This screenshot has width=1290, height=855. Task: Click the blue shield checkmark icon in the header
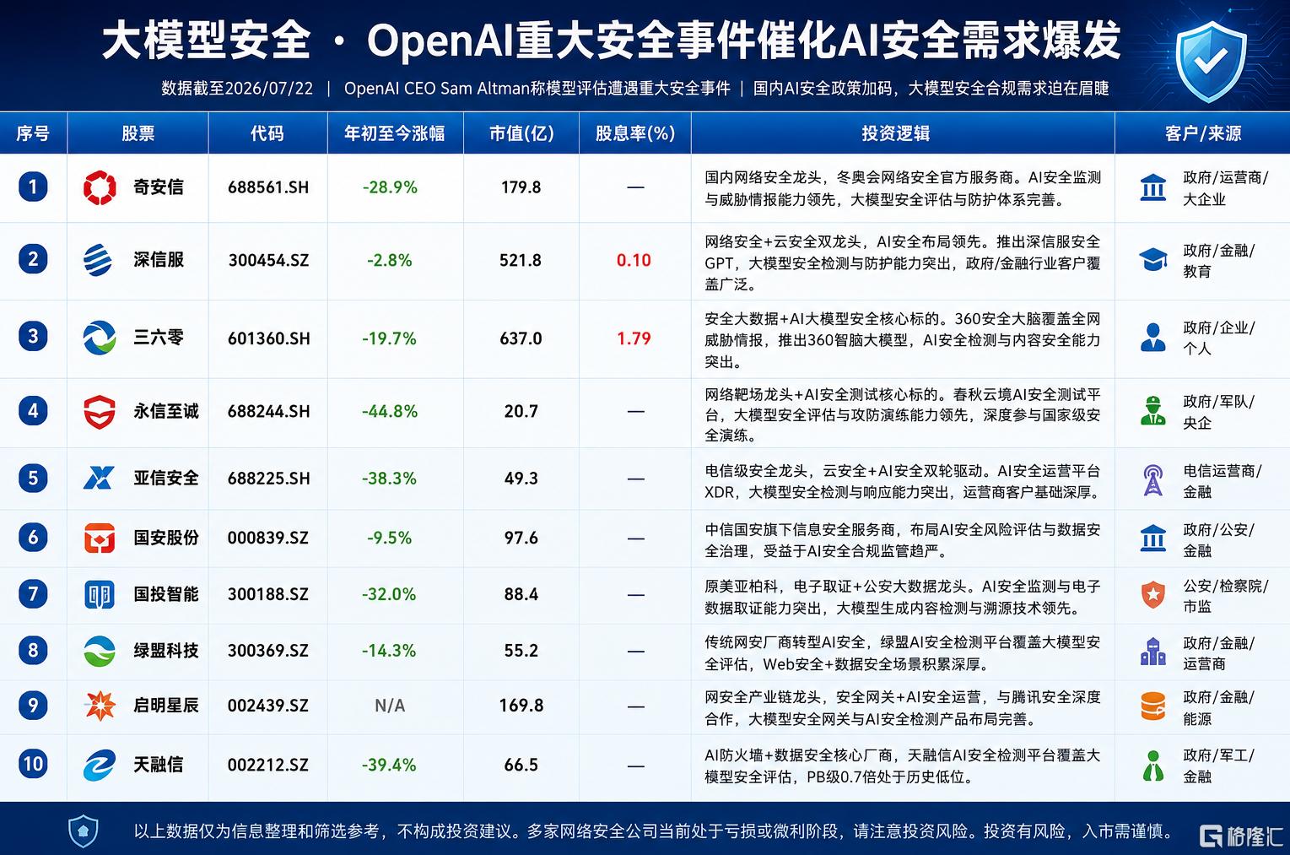coord(1211,61)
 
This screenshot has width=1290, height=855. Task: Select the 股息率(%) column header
coord(634,133)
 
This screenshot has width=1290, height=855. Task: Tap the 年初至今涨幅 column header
coord(395,133)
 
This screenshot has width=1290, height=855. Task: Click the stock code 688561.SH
coord(268,187)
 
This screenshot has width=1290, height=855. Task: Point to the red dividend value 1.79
coord(634,338)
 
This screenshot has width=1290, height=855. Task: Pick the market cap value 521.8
coord(521,261)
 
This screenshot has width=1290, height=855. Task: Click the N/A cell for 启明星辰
coord(390,706)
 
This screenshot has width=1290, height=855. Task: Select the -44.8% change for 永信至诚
coord(390,411)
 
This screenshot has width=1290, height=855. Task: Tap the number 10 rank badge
coord(33,764)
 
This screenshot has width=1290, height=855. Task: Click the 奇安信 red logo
coord(100,187)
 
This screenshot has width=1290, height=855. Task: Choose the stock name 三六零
coord(159,337)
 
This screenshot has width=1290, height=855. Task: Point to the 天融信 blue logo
coord(100,766)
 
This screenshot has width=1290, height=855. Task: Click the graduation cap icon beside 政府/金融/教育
coord(1153,260)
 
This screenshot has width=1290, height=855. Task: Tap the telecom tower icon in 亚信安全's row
coord(1153,480)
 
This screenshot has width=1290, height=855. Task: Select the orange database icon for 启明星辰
coord(1153,706)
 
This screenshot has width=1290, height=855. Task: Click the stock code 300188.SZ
coord(268,594)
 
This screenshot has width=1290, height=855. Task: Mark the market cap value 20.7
coord(521,411)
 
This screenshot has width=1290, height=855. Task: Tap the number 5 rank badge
coord(33,479)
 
